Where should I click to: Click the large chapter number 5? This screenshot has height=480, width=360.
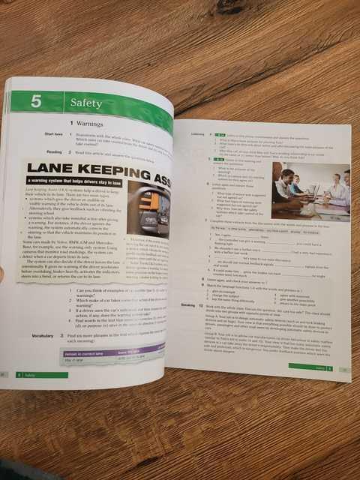point(35,101)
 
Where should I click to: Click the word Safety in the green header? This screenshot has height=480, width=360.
point(86,102)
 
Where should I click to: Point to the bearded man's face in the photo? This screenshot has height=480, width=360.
point(289,175)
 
